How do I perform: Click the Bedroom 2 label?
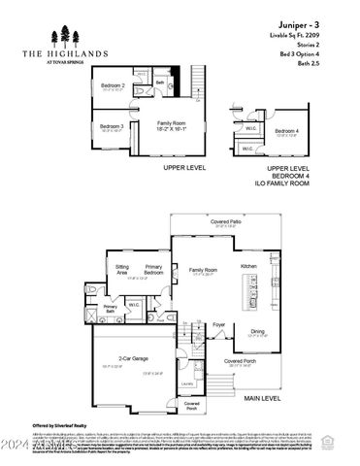point(115,85)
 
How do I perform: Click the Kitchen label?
point(248,265)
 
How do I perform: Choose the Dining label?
point(257,332)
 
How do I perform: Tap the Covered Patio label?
point(226,222)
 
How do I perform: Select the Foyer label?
point(219,325)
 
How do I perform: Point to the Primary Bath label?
point(111,310)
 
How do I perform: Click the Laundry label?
point(187,383)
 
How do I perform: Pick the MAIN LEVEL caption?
point(262,397)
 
